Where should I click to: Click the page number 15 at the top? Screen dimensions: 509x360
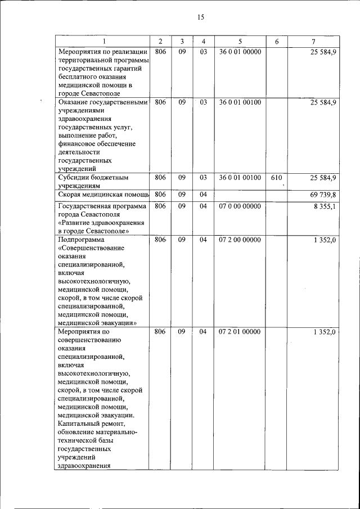(200, 17)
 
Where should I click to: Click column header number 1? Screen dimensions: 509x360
(103, 42)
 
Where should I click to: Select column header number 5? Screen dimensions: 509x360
(240, 42)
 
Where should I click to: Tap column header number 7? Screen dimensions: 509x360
(313, 42)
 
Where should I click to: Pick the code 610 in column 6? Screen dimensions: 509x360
(276, 178)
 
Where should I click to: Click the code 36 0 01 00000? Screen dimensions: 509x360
(240, 52)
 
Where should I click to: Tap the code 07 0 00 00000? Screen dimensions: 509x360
(240, 206)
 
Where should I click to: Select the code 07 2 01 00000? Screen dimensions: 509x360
(240, 332)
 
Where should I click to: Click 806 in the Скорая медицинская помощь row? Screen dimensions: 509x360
(160, 195)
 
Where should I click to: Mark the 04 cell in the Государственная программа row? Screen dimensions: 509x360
(203, 206)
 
